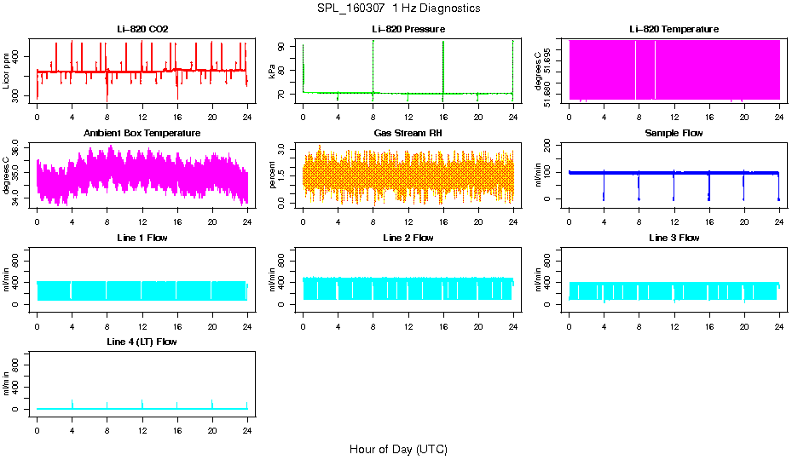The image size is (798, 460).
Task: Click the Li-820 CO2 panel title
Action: (142, 29)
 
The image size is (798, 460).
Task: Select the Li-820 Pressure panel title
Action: (408, 29)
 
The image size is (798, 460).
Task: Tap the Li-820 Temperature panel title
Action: (674, 29)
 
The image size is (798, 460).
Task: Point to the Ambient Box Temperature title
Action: (142, 134)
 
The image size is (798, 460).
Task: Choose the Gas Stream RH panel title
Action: (408, 134)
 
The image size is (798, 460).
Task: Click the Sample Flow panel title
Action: (674, 134)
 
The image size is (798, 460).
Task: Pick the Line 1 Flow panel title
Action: (142, 238)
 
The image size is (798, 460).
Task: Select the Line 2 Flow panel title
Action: (408, 238)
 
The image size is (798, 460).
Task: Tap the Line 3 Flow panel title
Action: (674, 238)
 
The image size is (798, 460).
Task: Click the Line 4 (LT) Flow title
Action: (142, 342)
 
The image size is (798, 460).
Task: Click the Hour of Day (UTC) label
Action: (398, 449)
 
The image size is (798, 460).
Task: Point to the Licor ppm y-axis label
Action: (7, 70)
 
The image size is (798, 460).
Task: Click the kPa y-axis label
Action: (273, 72)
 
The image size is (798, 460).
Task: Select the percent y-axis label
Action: (273, 175)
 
